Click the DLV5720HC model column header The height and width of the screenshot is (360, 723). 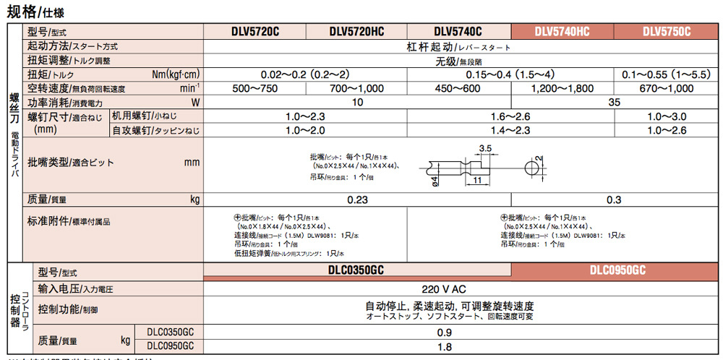(356, 32)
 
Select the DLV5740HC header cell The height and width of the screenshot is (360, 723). (562, 32)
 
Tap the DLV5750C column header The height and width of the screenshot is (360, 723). (667, 32)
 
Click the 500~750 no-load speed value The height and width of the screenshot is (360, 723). (255, 88)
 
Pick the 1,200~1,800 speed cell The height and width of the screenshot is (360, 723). (562, 88)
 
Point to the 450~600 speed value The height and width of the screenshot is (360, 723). (458, 88)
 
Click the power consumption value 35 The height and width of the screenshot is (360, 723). (615, 103)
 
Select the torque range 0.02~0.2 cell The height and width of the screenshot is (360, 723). (306, 74)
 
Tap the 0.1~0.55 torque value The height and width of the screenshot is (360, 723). (667, 74)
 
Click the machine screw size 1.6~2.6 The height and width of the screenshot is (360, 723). (510, 116)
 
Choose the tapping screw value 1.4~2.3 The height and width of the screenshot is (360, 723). (510, 130)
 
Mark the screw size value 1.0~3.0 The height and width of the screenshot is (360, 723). (667, 116)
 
